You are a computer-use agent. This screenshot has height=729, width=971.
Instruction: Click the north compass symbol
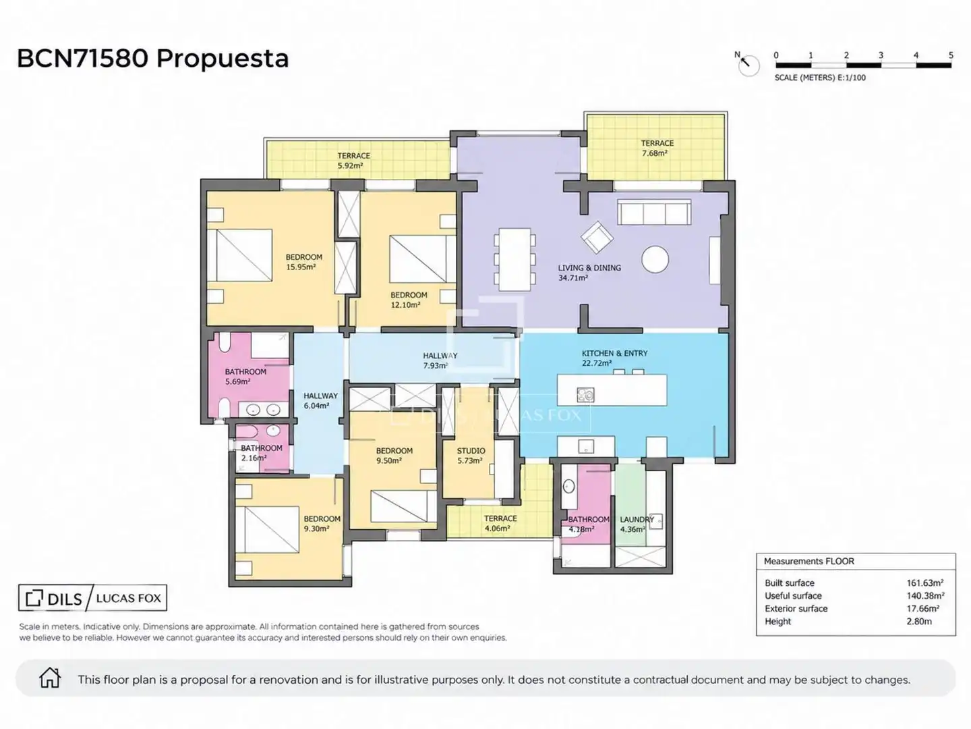(x=748, y=65)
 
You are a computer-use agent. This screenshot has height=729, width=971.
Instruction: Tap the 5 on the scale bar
(x=951, y=55)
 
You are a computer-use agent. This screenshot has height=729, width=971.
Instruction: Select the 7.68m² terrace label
(x=657, y=148)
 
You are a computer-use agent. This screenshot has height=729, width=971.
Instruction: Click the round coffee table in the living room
(x=655, y=259)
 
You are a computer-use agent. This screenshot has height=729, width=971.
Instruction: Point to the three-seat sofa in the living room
(x=654, y=212)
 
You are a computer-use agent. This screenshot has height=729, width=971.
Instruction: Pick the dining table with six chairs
(x=514, y=259)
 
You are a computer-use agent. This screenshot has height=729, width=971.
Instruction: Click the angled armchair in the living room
(x=597, y=238)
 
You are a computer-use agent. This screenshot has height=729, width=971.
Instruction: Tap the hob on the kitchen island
(x=586, y=395)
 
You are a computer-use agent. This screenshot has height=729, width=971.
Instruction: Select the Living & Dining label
(x=589, y=273)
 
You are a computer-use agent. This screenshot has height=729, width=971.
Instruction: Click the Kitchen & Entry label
(x=614, y=358)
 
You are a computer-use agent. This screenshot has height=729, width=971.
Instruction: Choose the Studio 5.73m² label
(x=471, y=456)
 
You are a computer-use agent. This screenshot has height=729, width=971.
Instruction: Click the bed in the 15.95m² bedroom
(x=239, y=255)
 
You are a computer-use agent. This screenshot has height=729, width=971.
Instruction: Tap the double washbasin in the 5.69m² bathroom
(x=263, y=410)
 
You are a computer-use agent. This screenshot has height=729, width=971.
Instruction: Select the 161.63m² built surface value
(x=925, y=583)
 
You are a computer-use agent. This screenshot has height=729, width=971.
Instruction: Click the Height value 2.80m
(x=919, y=622)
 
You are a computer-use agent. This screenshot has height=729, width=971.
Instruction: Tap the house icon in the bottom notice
(x=49, y=678)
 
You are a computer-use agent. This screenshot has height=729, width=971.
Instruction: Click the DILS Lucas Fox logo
(x=92, y=598)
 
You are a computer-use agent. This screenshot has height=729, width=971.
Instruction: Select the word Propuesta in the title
(x=223, y=59)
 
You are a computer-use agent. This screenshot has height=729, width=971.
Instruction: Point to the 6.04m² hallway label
(x=321, y=400)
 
